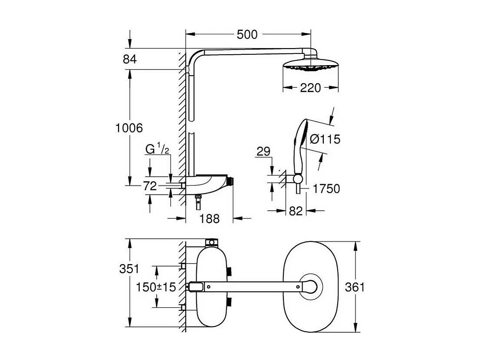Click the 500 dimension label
point(247,34)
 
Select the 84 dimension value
point(129,59)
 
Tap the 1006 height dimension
point(129,128)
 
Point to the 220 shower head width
point(310,88)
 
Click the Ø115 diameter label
point(325,139)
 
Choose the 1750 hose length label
point(325,189)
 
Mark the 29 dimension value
point(263,152)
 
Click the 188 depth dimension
point(209,218)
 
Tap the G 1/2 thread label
point(157,149)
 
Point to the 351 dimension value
point(129,269)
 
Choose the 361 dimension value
point(355,287)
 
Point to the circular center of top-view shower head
point(311,287)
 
